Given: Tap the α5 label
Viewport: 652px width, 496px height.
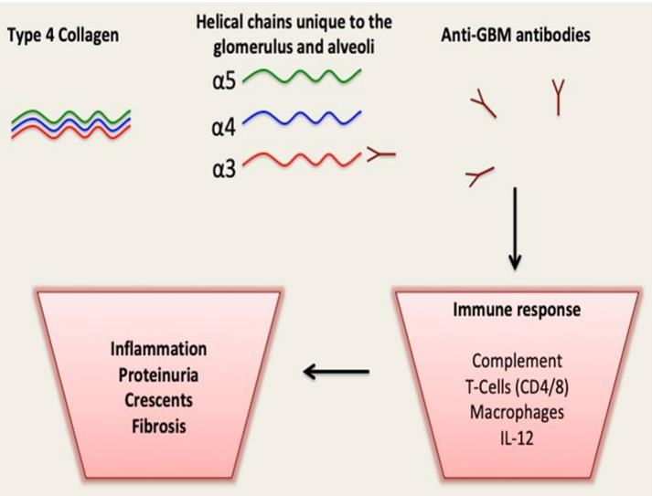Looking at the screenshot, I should (223, 79).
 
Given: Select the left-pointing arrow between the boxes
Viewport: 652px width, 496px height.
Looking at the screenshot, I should (336, 371).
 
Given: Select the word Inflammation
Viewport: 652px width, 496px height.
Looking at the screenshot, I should (158, 349).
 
